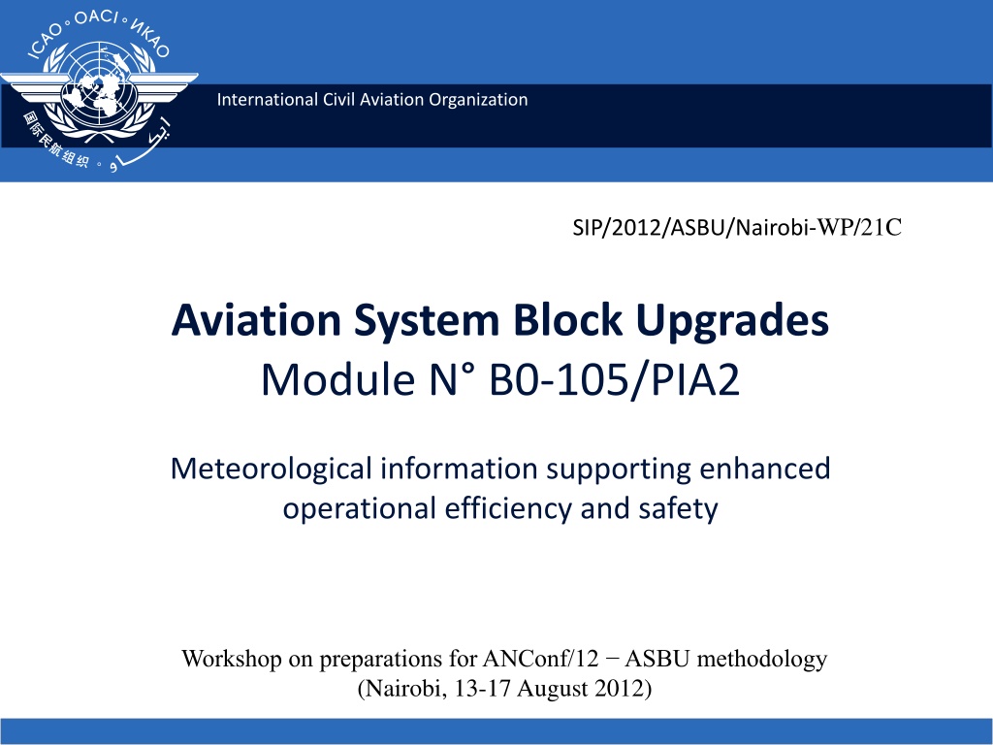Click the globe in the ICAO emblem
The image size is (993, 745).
(98, 83)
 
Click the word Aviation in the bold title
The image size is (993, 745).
(256, 320)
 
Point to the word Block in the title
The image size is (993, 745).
(567, 320)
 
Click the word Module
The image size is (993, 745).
(338, 379)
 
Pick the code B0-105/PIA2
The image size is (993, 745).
(614, 380)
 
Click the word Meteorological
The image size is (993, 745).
(272, 470)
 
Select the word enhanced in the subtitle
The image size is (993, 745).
(765, 469)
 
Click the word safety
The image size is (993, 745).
(678, 508)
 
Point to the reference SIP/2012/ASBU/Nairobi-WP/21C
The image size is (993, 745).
(737, 227)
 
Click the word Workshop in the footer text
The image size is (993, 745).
(231, 659)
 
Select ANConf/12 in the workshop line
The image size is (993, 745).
(540, 659)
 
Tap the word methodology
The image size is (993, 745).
(762, 660)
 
